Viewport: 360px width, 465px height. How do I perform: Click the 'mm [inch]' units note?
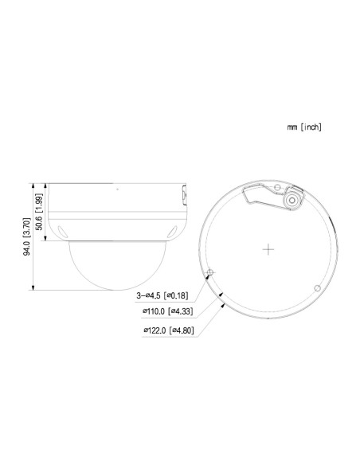click(304, 126)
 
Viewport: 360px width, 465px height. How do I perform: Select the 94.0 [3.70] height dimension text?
click(27, 236)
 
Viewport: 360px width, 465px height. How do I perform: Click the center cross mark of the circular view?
click(268, 248)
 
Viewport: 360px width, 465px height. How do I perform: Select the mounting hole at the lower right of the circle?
click(317, 287)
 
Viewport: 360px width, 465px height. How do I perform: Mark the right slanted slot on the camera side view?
click(172, 232)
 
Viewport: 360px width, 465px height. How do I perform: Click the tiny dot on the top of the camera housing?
click(116, 190)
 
